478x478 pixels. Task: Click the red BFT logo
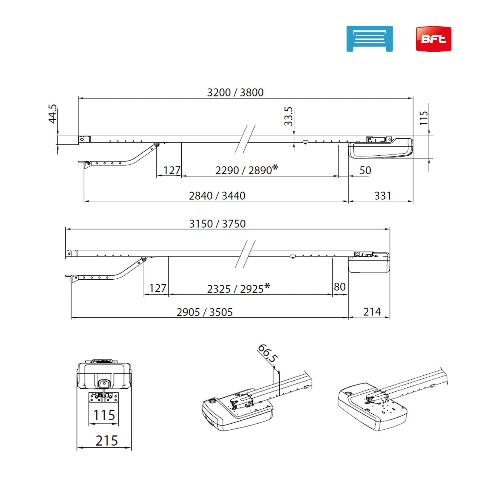coord(433,39)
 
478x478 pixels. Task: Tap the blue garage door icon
coord(370,39)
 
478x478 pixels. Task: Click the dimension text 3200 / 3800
coord(235,93)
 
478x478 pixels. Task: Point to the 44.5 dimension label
coord(53,114)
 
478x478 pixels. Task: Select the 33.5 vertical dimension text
coord(289,117)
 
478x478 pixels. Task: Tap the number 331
coord(383,196)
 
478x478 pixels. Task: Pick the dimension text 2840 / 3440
coord(217,196)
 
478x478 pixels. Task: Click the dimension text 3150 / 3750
coord(217,224)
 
